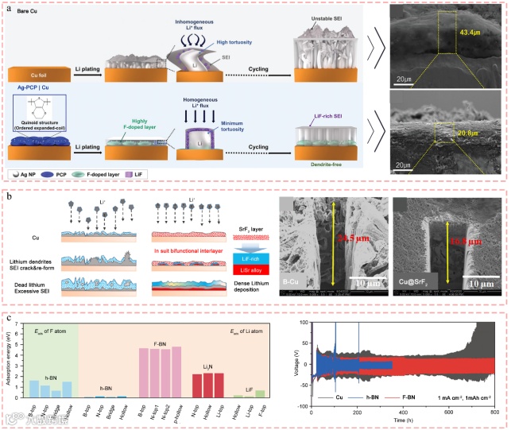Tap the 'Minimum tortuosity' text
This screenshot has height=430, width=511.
point(235,126)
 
